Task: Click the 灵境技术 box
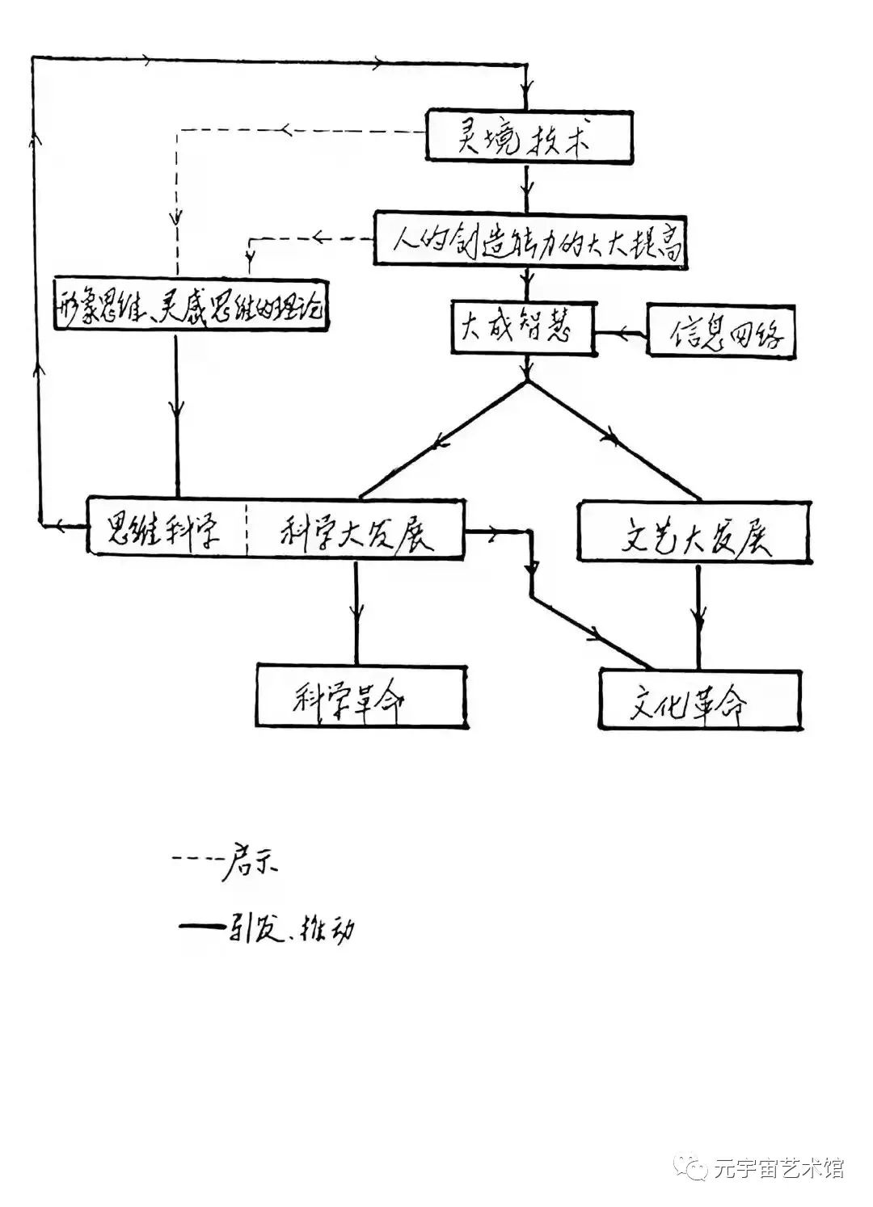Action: [529, 142]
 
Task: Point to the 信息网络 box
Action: [722, 331]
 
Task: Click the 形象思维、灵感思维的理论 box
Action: [193, 305]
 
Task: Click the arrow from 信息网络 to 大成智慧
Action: [621, 332]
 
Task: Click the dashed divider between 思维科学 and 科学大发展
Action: [247, 529]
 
